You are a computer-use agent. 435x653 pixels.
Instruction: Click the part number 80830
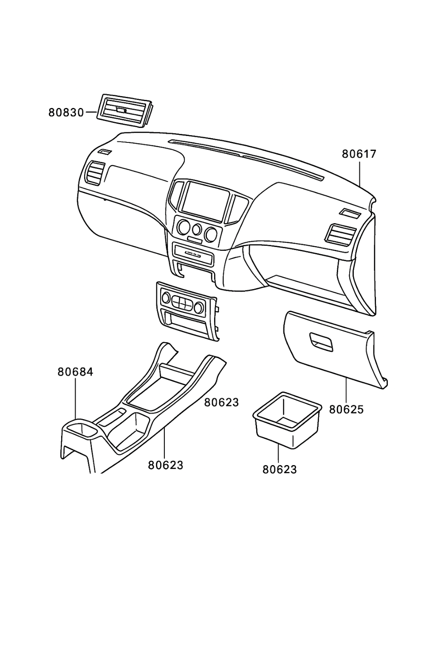[66, 113]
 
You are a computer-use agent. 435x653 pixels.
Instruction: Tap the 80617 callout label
[359, 154]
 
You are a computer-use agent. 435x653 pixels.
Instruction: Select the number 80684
[75, 372]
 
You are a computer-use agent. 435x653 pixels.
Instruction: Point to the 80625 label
[346, 409]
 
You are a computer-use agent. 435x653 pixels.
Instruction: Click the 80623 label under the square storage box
[279, 469]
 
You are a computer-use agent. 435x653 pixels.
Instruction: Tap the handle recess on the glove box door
[321, 341]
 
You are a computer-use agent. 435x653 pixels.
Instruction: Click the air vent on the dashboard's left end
[95, 173]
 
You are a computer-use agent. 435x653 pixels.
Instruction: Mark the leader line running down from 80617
[360, 174]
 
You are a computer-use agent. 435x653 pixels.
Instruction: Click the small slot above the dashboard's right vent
[350, 214]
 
